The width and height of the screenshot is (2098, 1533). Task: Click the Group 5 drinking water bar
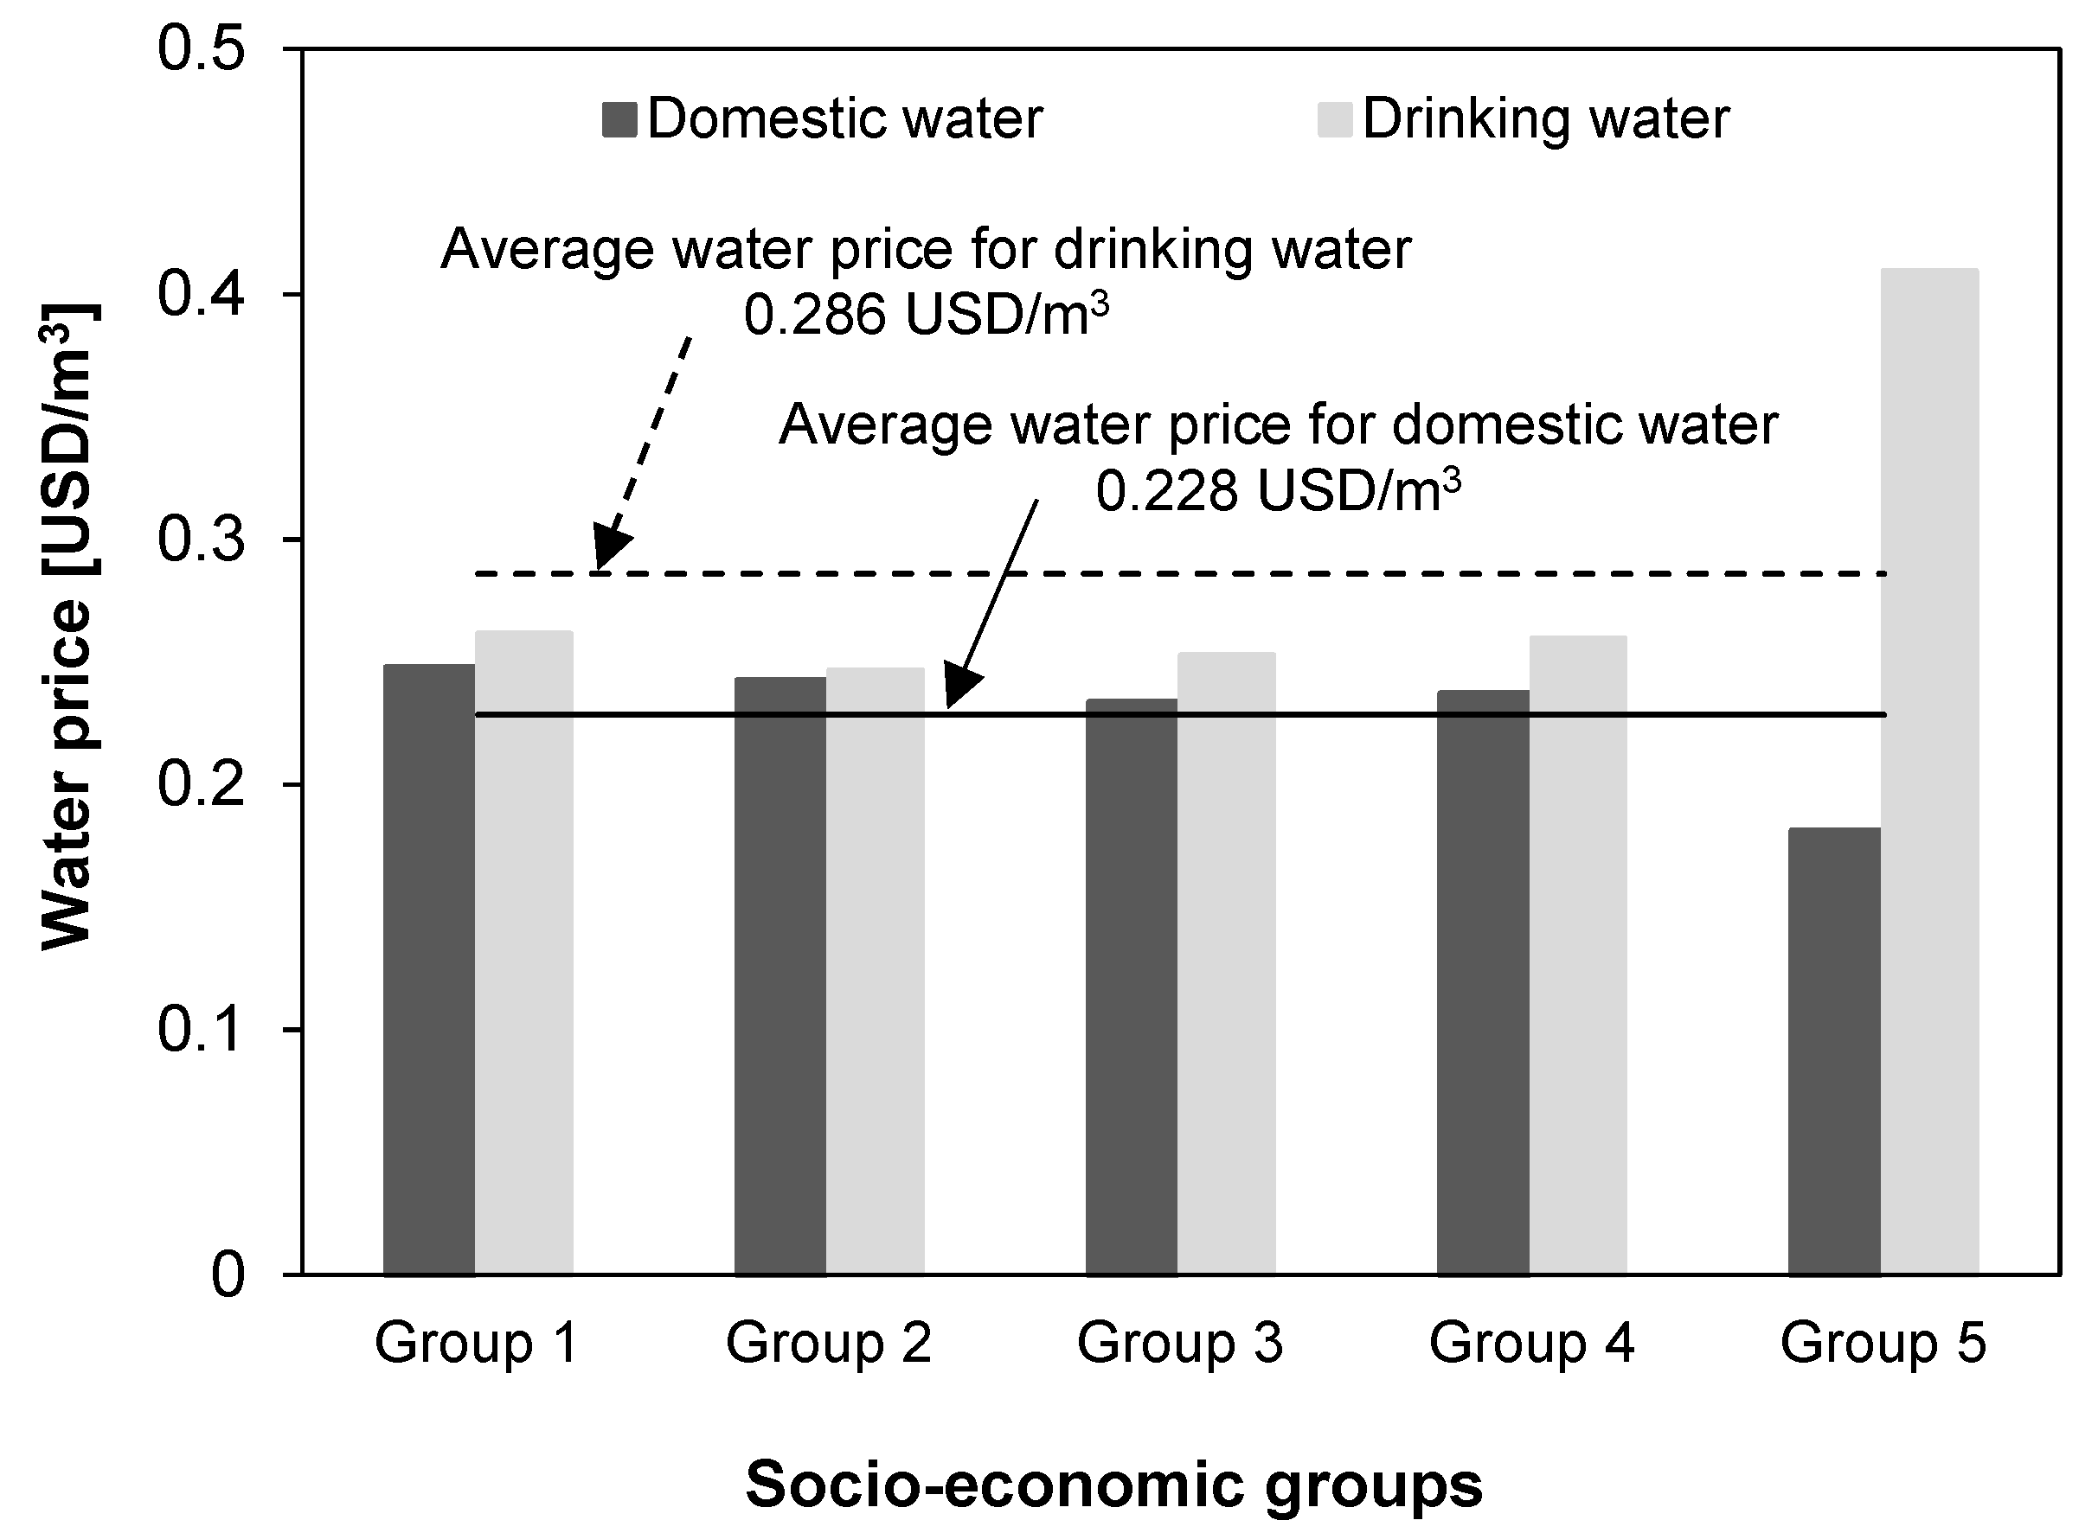tap(1930, 770)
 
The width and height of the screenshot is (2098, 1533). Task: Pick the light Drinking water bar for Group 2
tap(876, 971)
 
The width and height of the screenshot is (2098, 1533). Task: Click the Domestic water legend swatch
tap(619, 119)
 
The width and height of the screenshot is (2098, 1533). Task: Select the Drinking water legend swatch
tap(1335, 119)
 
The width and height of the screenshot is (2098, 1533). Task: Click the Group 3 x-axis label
tap(1179, 1343)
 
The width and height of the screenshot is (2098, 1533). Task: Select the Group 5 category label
tap(1883, 1343)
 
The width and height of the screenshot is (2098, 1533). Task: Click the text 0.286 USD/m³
tap(926, 316)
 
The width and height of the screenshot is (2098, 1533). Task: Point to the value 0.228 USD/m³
tap(1277, 490)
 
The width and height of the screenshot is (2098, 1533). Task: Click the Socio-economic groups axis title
tap(1113, 1483)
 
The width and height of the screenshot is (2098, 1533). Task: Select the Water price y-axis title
tap(67, 626)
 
